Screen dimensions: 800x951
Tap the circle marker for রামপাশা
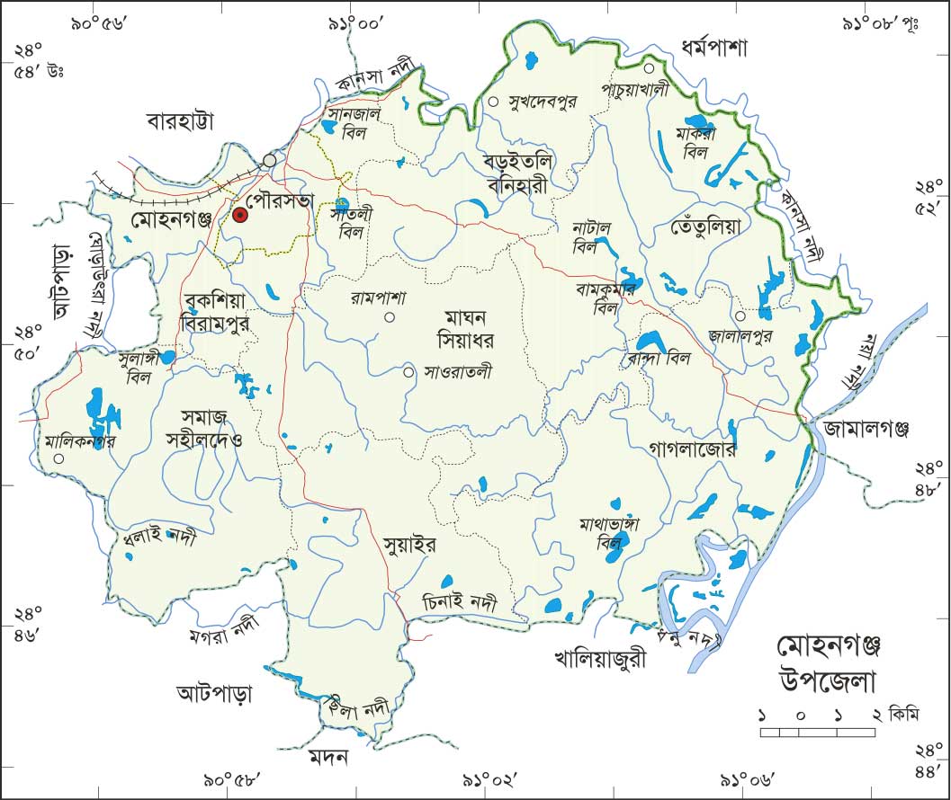point(390,316)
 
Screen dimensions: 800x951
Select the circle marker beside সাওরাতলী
point(408,371)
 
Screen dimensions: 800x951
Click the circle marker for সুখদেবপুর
point(493,102)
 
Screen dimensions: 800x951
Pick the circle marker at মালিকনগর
point(58,458)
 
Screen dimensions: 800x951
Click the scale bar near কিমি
point(818,733)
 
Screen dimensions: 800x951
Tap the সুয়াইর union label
point(409,545)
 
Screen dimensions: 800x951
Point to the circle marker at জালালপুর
point(740,316)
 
